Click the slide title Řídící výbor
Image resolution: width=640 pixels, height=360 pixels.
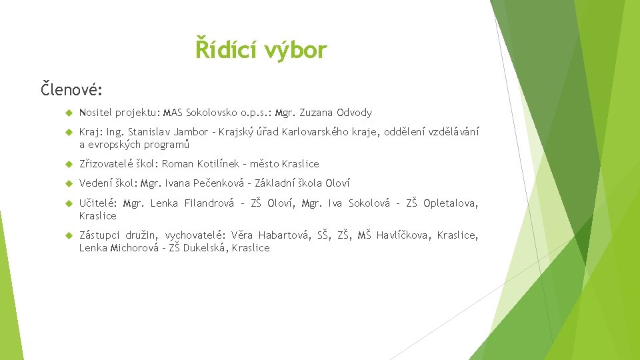click(x=261, y=49)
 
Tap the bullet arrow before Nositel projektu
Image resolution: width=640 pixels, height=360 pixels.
click(x=69, y=113)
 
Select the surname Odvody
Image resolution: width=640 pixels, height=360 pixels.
click(x=355, y=113)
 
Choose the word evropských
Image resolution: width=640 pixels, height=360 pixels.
click(x=116, y=145)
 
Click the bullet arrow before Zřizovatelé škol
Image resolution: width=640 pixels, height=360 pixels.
click(x=69, y=164)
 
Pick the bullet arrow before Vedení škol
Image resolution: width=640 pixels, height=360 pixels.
click(x=69, y=183)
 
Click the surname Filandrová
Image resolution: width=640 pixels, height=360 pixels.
click(x=209, y=203)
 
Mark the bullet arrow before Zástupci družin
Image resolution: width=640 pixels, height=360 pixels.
click(x=69, y=235)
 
